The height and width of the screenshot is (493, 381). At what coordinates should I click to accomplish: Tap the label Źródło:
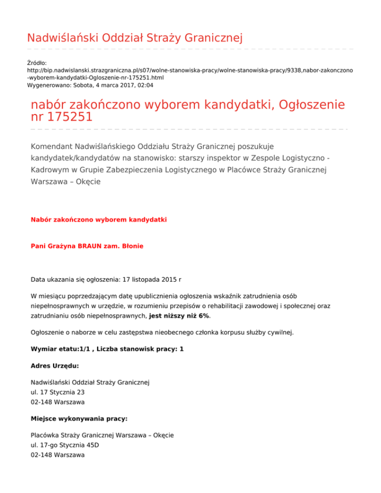[x=37, y=63]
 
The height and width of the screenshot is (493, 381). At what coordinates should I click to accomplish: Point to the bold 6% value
[x=213, y=315]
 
